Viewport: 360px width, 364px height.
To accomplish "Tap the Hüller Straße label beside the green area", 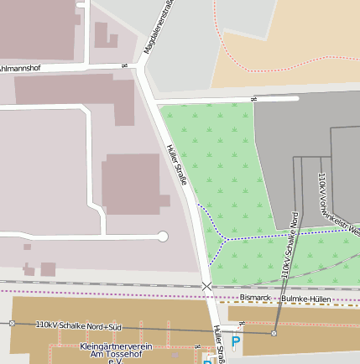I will tap(176, 165).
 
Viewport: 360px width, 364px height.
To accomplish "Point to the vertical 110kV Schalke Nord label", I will tap(289, 244).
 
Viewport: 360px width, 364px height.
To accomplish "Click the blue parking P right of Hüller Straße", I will tap(236, 341).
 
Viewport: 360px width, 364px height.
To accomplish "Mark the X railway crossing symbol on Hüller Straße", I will tap(206, 287).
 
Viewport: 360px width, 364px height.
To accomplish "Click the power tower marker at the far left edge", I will tap(12, 323).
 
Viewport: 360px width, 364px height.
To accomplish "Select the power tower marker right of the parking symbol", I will tap(274, 334).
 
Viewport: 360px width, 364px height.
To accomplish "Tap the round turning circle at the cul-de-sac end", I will tap(163, 237).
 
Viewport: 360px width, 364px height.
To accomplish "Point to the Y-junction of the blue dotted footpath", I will tap(225, 239).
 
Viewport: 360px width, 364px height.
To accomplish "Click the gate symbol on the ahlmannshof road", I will tap(124, 66).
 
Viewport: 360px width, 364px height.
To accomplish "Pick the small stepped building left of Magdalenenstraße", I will tap(105, 35).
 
